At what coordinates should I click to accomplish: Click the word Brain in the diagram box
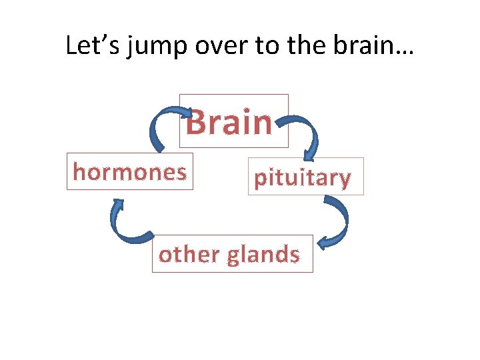(229, 123)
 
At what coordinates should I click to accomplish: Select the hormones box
(129, 172)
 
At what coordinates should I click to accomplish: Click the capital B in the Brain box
(195, 123)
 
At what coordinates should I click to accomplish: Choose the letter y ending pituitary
(344, 180)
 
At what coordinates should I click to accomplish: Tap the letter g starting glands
(234, 257)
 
